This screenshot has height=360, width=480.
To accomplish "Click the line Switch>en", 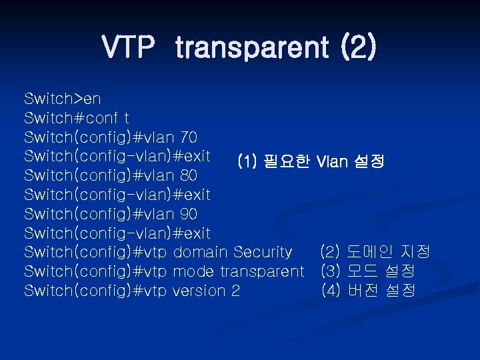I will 63,99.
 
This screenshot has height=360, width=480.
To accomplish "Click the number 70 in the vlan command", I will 189,138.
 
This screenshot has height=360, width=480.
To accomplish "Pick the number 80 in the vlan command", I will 189,176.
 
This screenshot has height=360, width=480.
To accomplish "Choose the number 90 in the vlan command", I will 189,214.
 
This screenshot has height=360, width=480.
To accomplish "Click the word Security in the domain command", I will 263,252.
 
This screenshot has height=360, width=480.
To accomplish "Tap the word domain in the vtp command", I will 201,252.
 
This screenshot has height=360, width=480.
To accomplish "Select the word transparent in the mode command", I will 261,271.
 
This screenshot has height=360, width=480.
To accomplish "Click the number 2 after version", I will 236,291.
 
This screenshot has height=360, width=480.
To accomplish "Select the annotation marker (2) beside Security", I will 331,252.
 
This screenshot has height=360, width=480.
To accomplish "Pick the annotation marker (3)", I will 331,271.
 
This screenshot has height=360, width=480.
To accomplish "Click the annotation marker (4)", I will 331,291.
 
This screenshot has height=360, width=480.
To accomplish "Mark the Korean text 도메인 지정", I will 389,252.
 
